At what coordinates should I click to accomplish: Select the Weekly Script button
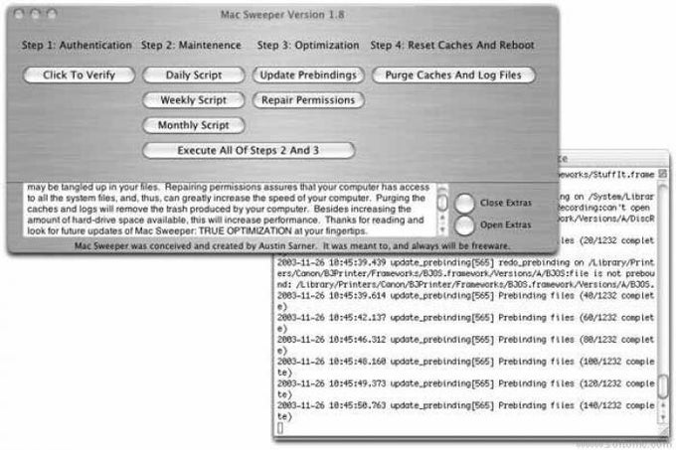coord(193,100)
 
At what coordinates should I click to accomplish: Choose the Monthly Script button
coord(193,125)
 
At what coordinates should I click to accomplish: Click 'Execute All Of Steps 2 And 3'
coord(249,150)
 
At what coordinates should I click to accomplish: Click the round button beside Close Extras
coord(465,203)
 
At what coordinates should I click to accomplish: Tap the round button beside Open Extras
coord(465,225)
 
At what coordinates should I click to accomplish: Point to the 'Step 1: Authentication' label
coord(76,45)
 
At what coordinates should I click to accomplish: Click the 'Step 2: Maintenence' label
coord(191,45)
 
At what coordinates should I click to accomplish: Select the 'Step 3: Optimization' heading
coord(308,45)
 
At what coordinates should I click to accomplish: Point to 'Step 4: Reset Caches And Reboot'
coord(452,45)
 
